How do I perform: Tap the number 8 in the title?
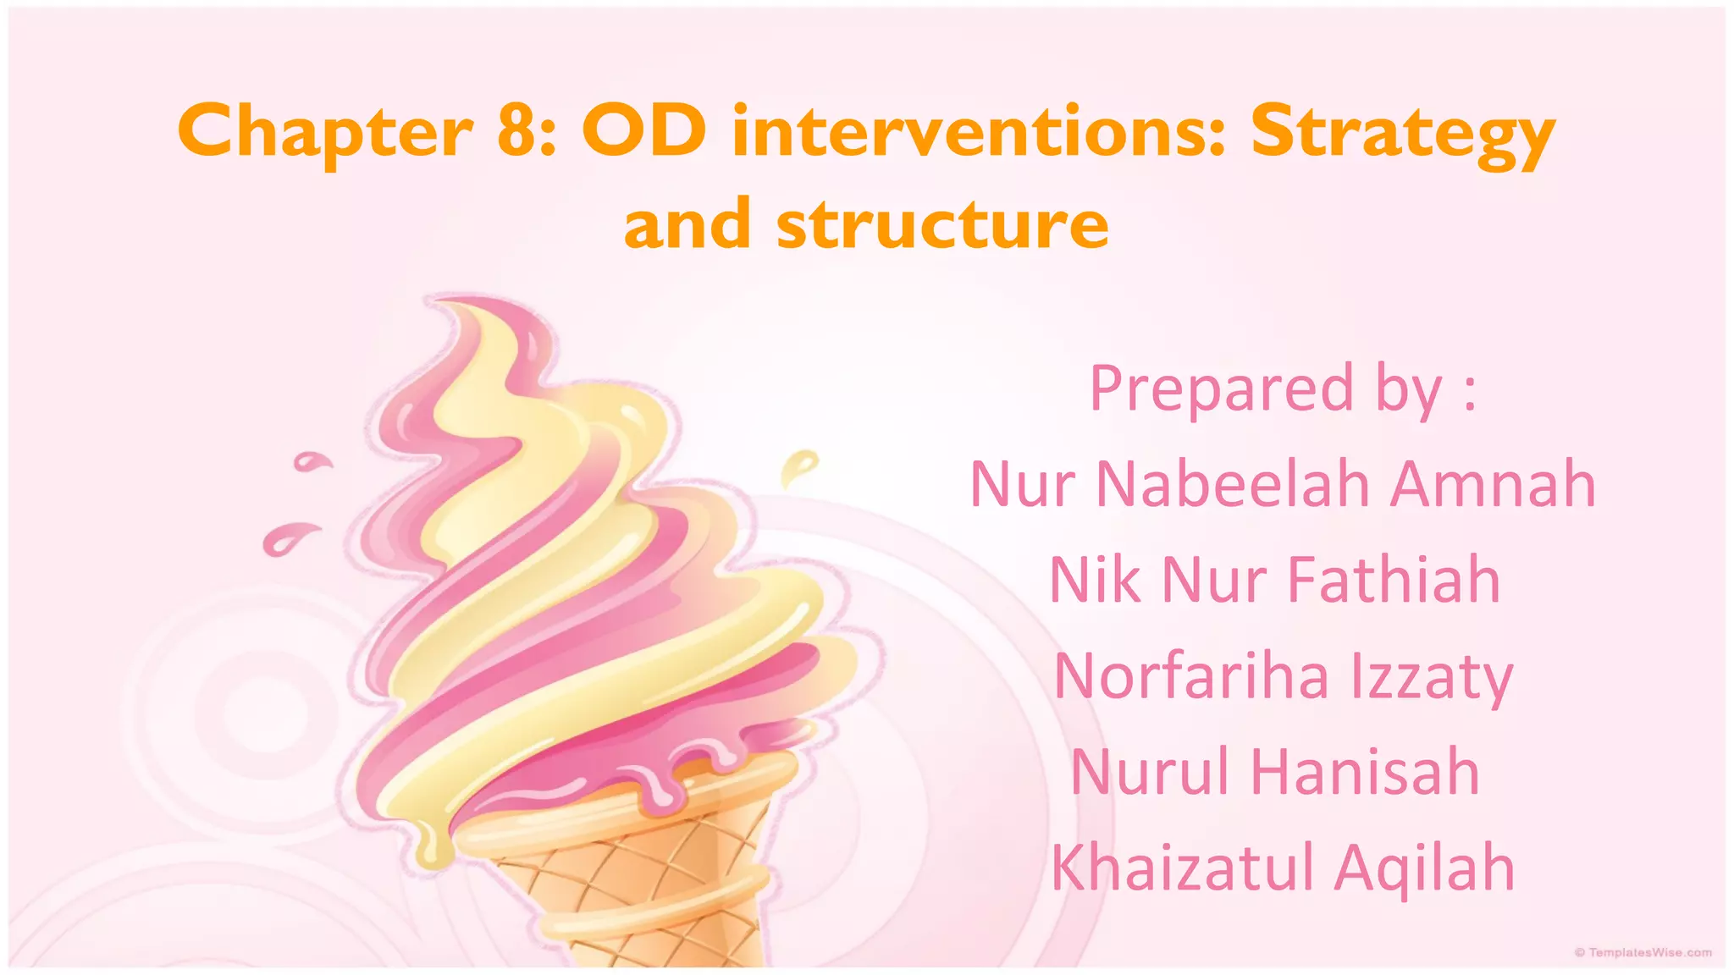515,130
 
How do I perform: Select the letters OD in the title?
643,130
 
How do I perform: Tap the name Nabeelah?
1233,484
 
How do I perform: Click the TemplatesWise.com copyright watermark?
1643,953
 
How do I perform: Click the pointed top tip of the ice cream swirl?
436,301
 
